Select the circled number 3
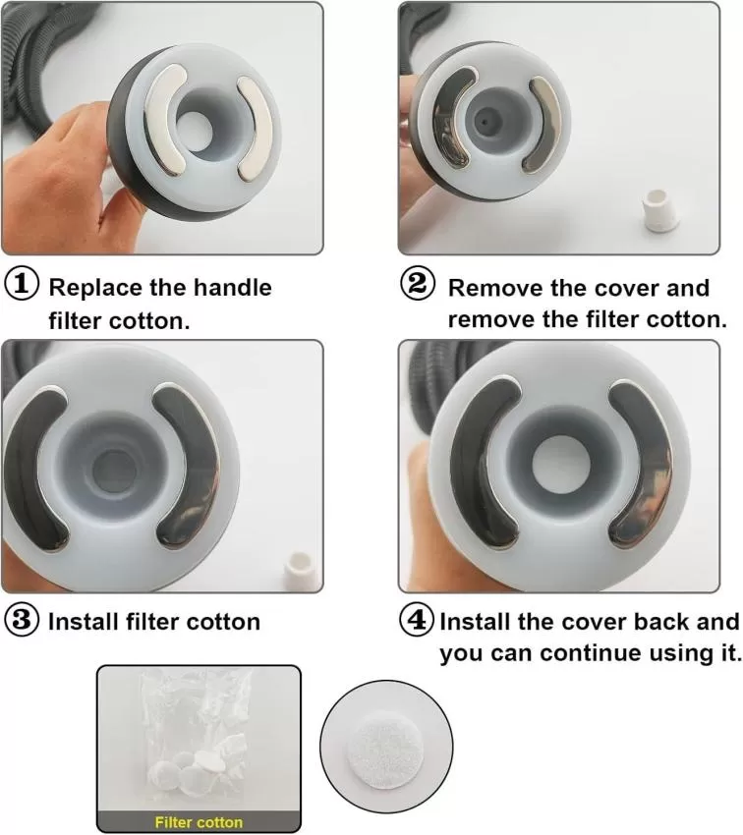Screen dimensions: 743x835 tap(22, 620)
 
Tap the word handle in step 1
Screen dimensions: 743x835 tap(232, 288)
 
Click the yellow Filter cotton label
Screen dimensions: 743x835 tap(199, 822)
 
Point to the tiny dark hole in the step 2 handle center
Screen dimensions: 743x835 tap(485, 122)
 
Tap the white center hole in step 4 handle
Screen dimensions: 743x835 tap(559, 463)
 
